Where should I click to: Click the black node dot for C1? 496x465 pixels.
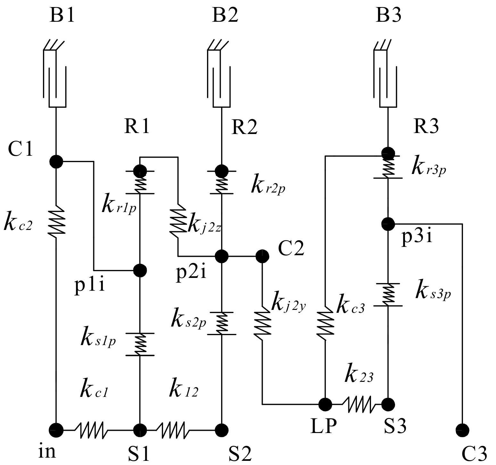(x=56, y=162)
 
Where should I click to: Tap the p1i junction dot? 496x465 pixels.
(x=140, y=271)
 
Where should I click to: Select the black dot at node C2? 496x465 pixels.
(x=262, y=256)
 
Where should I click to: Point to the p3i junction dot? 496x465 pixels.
(x=388, y=224)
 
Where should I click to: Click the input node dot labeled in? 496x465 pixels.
(x=56, y=430)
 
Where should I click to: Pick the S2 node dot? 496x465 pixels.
(x=221, y=430)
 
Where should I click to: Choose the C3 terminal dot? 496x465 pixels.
(x=462, y=430)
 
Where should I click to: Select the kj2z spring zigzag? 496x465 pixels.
(x=178, y=221)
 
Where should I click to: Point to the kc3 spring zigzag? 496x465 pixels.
(x=325, y=323)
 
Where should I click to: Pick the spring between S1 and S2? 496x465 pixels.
(x=171, y=430)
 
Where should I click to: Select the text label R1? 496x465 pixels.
(x=137, y=127)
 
